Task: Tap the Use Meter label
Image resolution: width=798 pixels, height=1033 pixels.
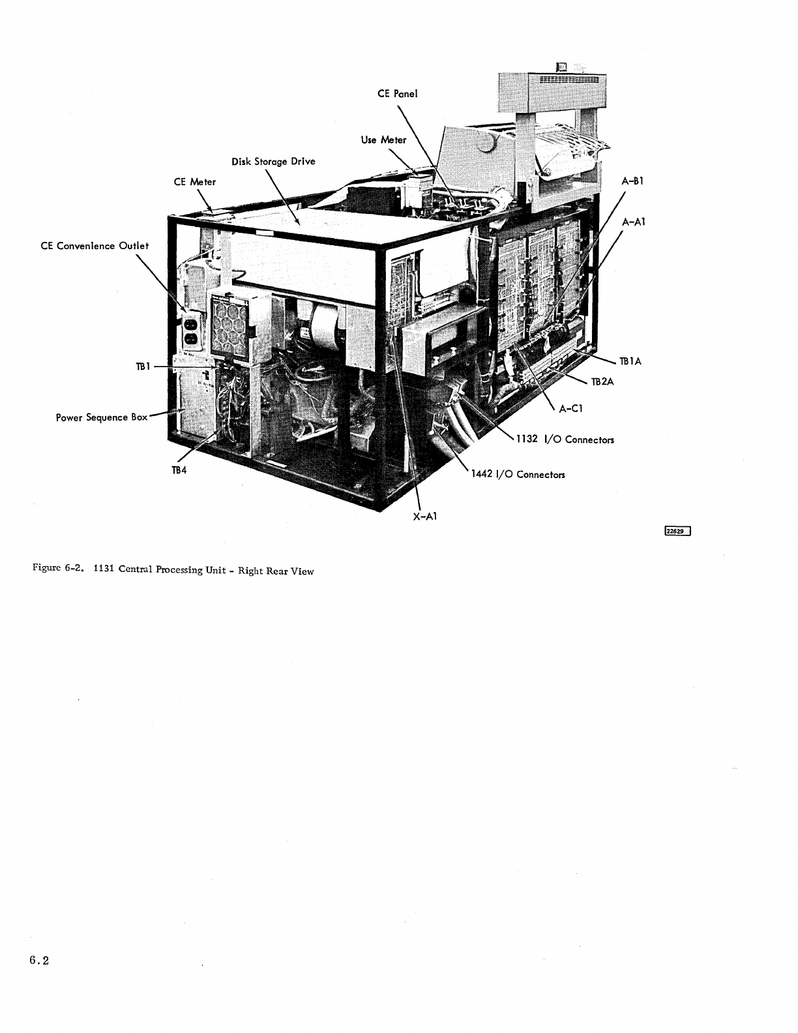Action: tap(383, 140)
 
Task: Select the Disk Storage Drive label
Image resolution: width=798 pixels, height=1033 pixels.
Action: tap(274, 161)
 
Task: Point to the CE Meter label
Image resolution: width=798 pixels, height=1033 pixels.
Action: tap(194, 182)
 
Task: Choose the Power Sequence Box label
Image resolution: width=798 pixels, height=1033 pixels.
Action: tap(101, 417)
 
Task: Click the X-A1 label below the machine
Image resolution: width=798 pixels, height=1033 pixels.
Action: tap(424, 516)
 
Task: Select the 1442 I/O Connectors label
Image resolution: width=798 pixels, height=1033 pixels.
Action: tap(518, 474)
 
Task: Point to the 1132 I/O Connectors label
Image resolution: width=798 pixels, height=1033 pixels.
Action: tap(565, 440)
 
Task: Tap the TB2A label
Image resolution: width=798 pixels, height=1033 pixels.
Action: tap(602, 382)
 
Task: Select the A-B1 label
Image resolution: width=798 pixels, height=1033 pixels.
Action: tap(632, 181)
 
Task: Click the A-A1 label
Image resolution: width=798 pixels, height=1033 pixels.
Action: tap(633, 222)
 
